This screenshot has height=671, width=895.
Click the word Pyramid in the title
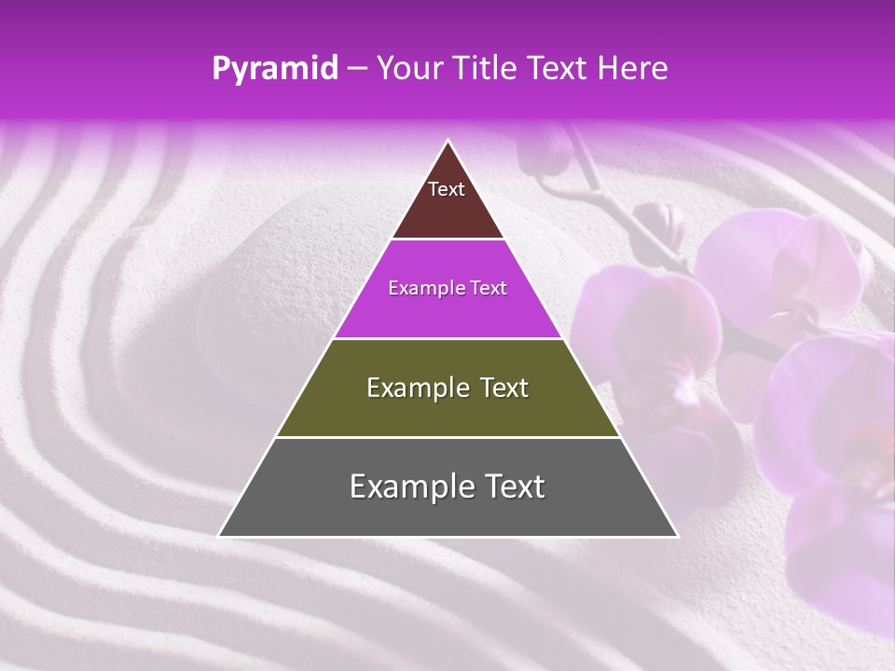274,69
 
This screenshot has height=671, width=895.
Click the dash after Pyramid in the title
356,69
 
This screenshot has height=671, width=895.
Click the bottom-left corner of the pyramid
220,536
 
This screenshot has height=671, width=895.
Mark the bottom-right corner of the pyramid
677,536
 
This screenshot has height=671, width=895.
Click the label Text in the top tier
447,189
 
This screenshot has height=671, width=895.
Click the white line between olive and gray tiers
447,437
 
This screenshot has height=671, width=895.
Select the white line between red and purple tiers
447,240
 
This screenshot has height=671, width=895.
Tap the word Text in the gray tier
512,486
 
